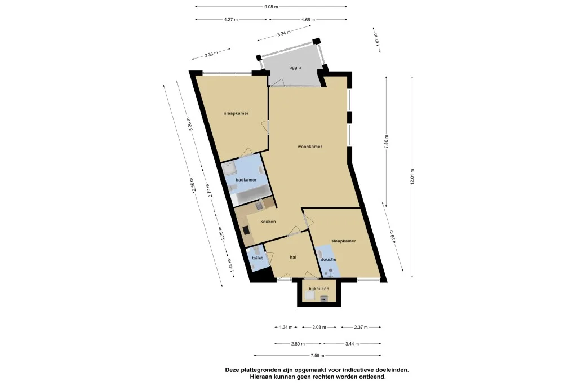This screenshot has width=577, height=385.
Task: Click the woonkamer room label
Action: [x=310, y=147]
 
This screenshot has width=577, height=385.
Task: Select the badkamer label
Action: [x=246, y=180]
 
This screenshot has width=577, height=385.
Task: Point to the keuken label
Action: [x=268, y=222]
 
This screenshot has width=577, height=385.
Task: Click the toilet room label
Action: [x=257, y=258]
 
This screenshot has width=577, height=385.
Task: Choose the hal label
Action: [x=293, y=257]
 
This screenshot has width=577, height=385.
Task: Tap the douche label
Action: [x=329, y=259]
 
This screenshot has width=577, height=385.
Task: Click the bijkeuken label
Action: [x=318, y=289]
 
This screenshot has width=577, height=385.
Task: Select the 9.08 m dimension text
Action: [x=271, y=7]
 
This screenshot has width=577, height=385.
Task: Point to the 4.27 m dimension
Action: [x=230, y=19]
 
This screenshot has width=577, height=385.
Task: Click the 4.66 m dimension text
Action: [x=308, y=19]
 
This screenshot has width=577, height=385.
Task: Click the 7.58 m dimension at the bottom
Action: [x=317, y=355]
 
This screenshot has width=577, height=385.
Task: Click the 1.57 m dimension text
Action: [x=376, y=39]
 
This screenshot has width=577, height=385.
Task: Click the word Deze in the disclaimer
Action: [x=233, y=370]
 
